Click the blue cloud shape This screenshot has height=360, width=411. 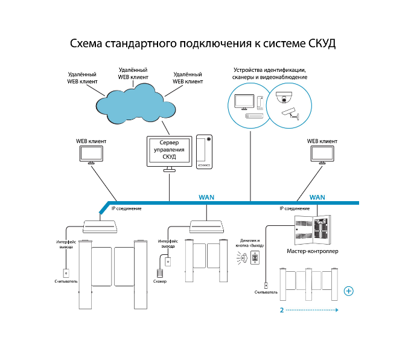(x=136, y=104)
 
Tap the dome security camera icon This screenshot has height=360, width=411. (x=284, y=97)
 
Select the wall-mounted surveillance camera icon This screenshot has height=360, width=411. (x=290, y=114)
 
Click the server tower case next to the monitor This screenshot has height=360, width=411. (x=204, y=152)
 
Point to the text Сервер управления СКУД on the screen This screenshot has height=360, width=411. (x=169, y=150)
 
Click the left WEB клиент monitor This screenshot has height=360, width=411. (x=91, y=155)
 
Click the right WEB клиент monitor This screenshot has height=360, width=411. (x=322, y=155)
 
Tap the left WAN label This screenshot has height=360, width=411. (x=206, y=198)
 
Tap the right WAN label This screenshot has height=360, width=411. (x=317, y=198)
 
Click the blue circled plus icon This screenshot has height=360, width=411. (x=349, y=291)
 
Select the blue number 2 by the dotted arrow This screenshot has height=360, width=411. (x=282, y=310)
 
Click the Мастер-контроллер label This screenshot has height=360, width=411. (x=313, y=251)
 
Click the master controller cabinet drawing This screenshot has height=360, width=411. (x=313, y=230)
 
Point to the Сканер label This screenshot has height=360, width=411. (x=160, y=281)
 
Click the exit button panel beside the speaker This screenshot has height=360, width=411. (x=255, y=257)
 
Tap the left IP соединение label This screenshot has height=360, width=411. (x=126, y=208)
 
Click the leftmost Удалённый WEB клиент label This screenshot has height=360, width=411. (x=82, y=78)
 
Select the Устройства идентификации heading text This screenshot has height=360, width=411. (x=270, y=70)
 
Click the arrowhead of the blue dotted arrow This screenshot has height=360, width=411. (x=337, y=310)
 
